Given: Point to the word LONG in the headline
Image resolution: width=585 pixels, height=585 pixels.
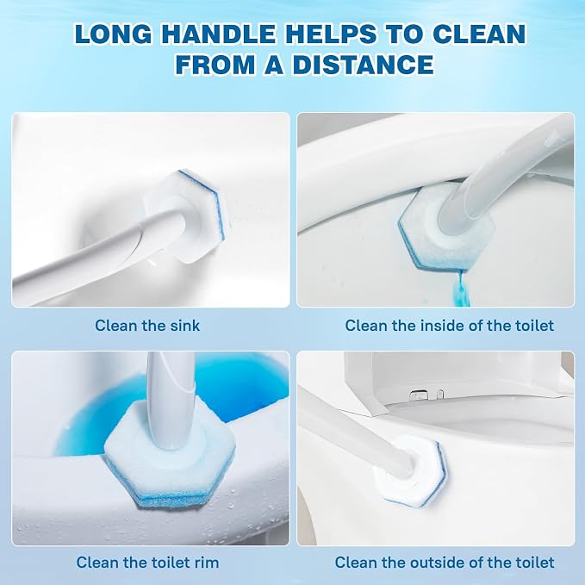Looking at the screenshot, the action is click(x=113, y=34).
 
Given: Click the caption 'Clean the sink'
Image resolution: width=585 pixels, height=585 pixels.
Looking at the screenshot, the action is click(x=147, y=326).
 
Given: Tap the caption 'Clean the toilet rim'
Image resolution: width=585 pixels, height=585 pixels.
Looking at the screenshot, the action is click(x=147, y=563).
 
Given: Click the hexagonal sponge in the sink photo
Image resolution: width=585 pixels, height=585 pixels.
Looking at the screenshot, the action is click(x=187, y=216).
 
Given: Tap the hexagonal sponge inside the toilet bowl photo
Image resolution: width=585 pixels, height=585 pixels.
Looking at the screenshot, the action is click(x=444, y=228).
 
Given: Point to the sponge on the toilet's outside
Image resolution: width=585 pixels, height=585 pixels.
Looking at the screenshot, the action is click(x=410, y=467).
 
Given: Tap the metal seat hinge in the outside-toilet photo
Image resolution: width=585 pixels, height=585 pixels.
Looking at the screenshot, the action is click(x=420, y=394).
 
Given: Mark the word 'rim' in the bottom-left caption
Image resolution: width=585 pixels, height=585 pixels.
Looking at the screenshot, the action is click(x=206, y=563).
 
